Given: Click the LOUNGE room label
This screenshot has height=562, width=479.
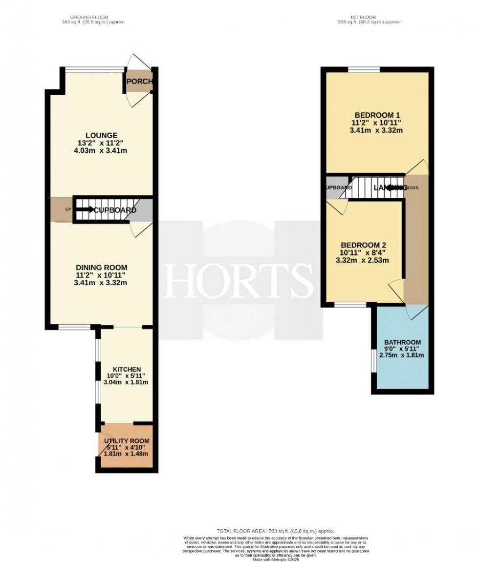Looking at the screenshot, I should [x=101, y=135].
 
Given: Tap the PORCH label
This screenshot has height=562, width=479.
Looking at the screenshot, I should [x=139, y=82].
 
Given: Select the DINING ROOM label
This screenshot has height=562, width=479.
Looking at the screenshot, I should [x=101, y=268].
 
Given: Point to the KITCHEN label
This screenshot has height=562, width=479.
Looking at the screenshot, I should [x=127, y=369].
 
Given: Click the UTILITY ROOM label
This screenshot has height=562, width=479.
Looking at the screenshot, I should [x=127, y=441].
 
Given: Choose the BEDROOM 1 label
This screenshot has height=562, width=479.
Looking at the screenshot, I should [x=375, y=115].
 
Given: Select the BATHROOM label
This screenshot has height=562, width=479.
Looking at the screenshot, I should [x=402, y=342].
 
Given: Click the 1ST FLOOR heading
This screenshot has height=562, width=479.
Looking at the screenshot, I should [x=369, y=18].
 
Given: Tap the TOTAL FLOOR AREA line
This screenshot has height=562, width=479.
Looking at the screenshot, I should [x=276, y=531].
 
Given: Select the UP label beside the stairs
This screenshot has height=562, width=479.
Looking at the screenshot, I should [x=67, y=210].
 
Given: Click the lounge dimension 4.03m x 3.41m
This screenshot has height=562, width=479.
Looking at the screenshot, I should [x=101, y=150].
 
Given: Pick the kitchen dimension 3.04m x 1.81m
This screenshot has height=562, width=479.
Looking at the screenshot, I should [x=127, y=382].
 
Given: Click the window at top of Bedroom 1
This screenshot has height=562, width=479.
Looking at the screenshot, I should [x=364, y=69].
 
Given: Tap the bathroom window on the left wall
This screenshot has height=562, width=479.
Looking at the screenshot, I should [x=372, y=361].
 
